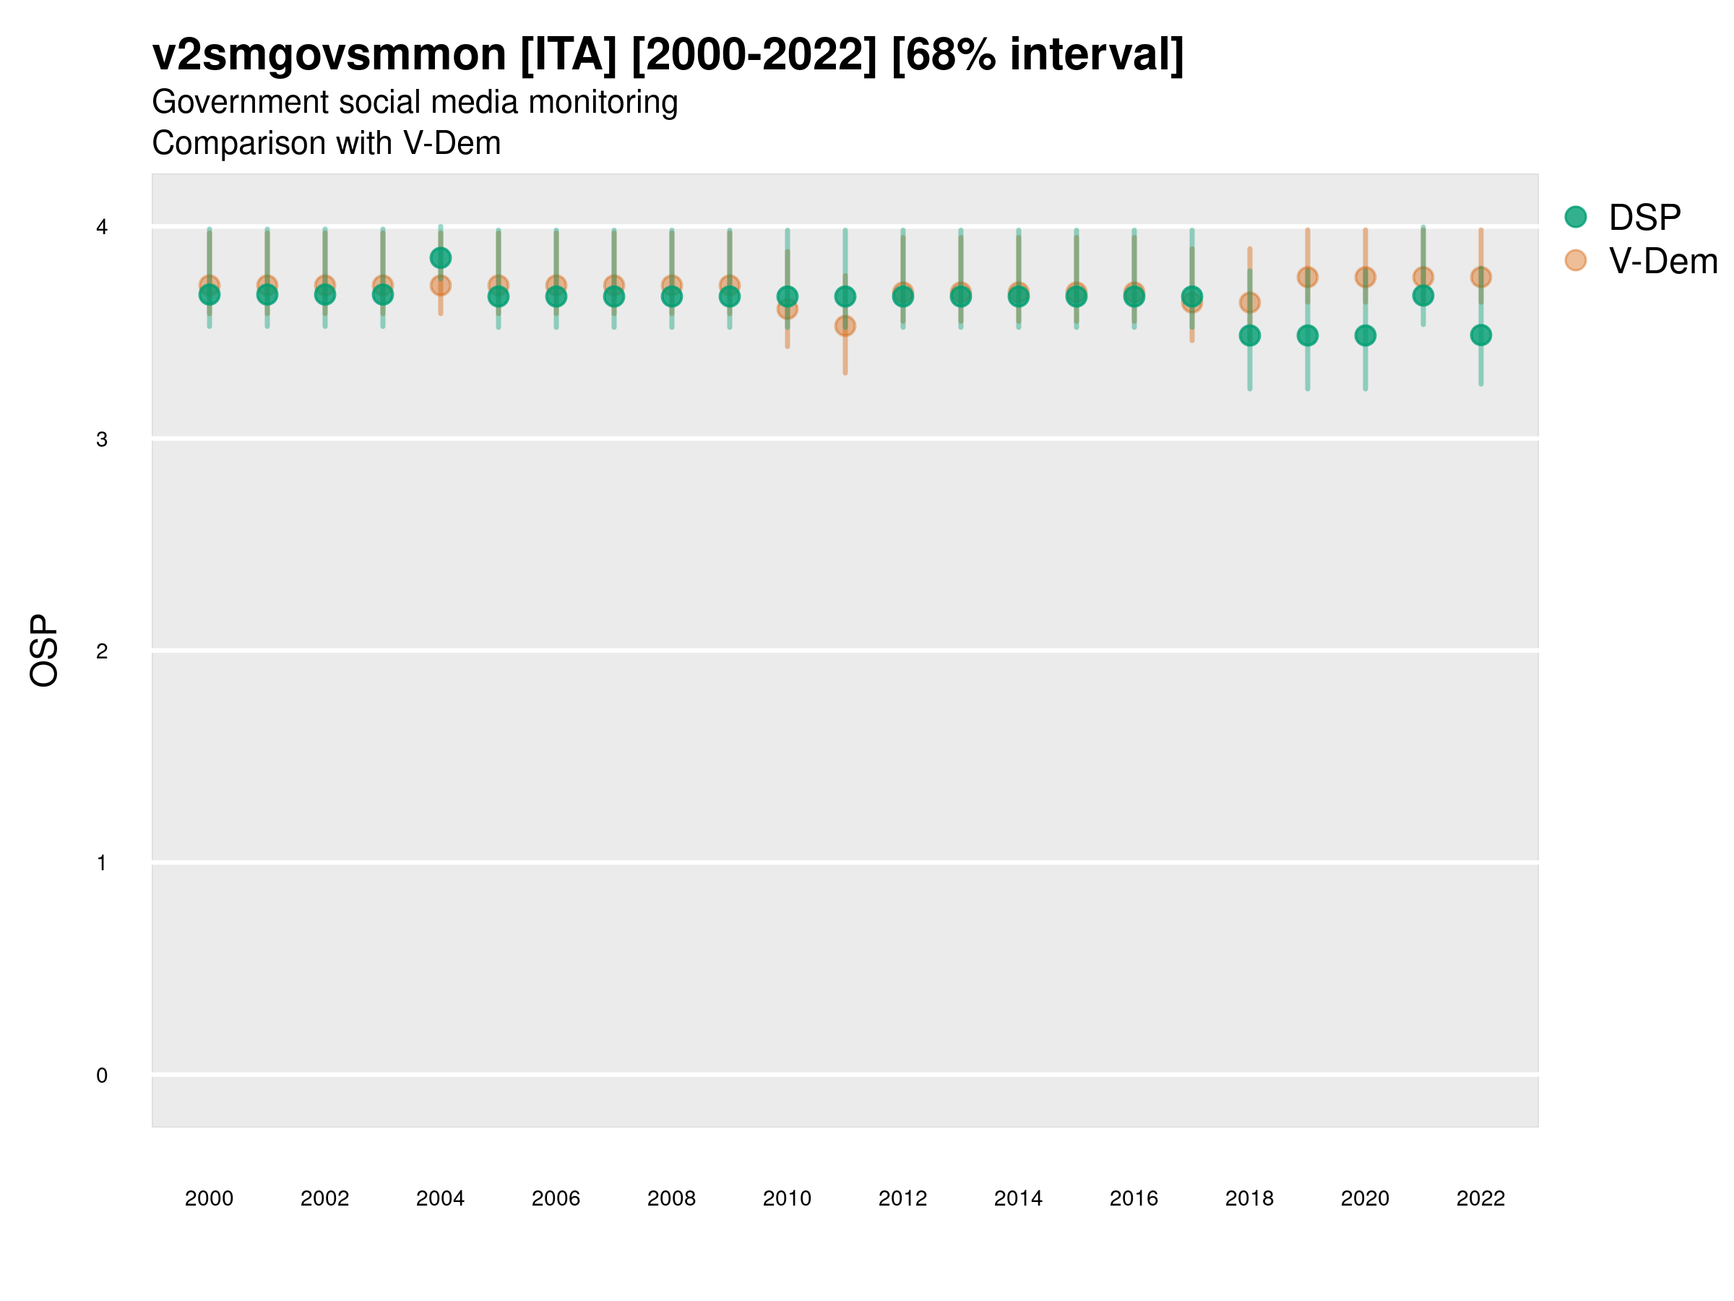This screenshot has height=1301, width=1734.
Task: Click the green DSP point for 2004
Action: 441,258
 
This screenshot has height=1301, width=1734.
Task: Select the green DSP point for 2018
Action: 1249,335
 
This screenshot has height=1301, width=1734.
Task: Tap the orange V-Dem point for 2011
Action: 845,326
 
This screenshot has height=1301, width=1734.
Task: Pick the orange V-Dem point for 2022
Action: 1481,277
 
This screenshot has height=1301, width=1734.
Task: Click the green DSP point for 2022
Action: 1481,335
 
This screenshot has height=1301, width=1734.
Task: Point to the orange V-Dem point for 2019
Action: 1308,277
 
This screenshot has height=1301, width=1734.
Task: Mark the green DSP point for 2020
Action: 1365,335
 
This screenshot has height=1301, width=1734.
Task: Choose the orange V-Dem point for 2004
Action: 441,285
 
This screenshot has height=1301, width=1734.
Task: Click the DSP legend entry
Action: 1644,218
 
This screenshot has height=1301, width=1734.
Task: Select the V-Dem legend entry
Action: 1662,261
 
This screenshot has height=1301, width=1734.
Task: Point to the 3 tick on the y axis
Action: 102,439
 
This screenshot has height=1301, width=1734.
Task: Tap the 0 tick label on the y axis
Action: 102,1075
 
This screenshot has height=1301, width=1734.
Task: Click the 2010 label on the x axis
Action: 787,1198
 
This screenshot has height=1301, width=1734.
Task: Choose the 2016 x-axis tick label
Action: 1134,1198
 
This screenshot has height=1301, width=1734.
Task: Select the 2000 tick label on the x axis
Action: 210,1198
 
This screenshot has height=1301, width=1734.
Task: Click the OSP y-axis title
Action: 44,651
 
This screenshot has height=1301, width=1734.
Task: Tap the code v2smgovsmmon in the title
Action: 329,55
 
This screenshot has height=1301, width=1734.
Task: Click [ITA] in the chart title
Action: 569,55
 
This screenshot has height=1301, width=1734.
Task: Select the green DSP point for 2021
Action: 1423,296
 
